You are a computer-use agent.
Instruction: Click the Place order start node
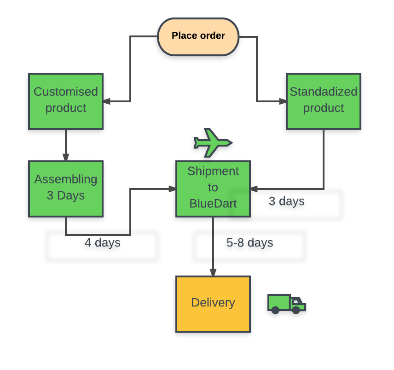click(x=198, y=36)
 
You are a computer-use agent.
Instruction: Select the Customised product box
click(x=66, y=101)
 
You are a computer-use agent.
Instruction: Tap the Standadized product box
click(x=323, y=101)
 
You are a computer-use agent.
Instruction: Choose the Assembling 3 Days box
click(x=66, y=188)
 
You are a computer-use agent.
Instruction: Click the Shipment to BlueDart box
click(x=213, y=188)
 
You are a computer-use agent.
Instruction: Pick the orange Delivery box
click(x=213, y=304)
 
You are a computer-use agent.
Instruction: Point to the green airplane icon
click(x=212, y=142)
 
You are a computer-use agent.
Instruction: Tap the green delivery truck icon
click(x=286, y=304)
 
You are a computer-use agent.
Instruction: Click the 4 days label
click(x=102, y=243)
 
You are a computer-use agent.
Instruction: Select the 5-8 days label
click(x=249, y=243)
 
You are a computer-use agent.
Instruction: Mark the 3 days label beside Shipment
click(x=286, y=201)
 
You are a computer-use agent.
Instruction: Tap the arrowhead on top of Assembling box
click(x=66, y=157)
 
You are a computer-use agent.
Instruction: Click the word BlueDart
click(x=213, y=203)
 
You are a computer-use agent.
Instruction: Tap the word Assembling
click(x=66, y=179)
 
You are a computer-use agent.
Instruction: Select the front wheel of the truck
click(x=296, y=311)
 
